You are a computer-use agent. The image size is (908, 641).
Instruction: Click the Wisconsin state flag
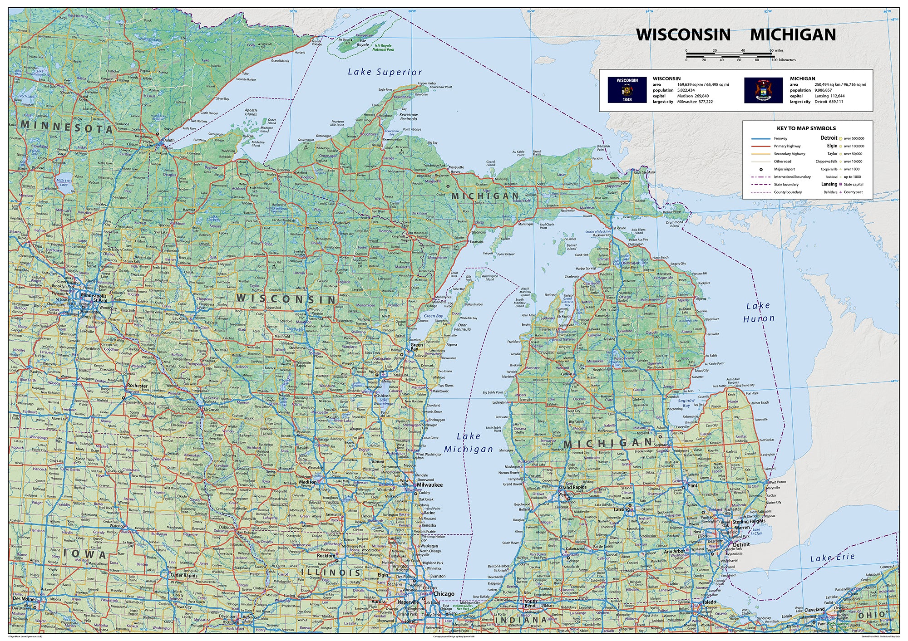click(627, 90)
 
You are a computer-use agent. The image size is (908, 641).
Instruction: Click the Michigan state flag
click(763, 90)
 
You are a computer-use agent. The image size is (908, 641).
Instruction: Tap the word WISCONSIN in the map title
click(683, 35)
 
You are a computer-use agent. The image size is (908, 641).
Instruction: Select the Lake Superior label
click(385, 72)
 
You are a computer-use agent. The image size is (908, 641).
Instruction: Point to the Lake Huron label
click(759, 312)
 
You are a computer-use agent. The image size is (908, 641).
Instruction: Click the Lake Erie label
click(832, 558)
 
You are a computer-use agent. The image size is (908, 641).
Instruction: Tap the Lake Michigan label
click(468, 443)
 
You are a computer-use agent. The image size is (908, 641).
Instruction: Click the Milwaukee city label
click(429, 484)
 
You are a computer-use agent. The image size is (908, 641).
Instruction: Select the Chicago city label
click(444, 593)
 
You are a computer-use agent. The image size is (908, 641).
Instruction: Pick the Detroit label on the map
click(741, 544)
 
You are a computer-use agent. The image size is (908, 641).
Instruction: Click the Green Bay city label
click(416, 347)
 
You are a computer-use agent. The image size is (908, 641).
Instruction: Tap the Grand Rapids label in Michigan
click(572, 487)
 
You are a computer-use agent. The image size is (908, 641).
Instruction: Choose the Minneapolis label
click(94, 295)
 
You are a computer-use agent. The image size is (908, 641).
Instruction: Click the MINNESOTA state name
click(66, 127)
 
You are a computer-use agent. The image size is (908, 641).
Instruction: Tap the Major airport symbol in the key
click(761, 169)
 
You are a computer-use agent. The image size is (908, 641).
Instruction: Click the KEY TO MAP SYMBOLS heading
click(806, 128)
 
